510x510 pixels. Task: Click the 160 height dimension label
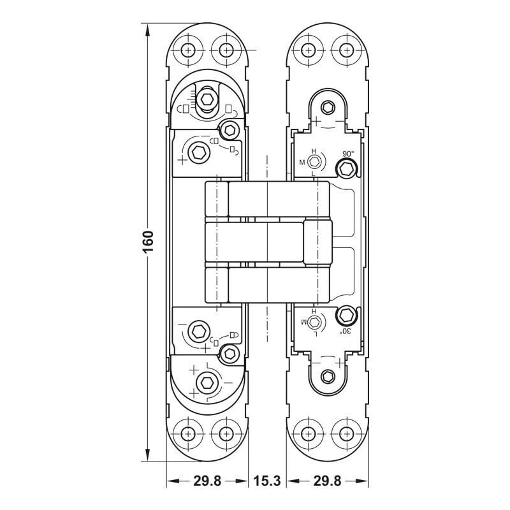(x=148, y=242)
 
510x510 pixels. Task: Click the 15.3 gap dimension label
(x=266, y=481)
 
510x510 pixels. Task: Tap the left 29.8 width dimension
(x=207, y=481)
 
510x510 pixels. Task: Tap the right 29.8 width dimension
(x=327, y=481)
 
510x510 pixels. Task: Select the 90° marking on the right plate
(x=348, y=154)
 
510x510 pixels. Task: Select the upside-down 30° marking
(x=346, y=331)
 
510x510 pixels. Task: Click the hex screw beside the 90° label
(x=346, y=169)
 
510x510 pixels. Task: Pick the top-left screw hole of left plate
(x=187, y=50)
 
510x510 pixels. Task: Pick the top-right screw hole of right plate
(x=347, y=50)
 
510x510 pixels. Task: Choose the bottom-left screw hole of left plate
(x=187, y=433)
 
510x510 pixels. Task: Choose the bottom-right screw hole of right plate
(x=347, y=433)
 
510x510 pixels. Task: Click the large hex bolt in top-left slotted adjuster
(x=207, y=99)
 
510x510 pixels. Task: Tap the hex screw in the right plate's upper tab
(x=328, y=107)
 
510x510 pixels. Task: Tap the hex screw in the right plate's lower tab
(x=328, y=377)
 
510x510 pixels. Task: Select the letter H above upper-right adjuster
(x=314, y=151)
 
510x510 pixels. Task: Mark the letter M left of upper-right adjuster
(x=302, y=163)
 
